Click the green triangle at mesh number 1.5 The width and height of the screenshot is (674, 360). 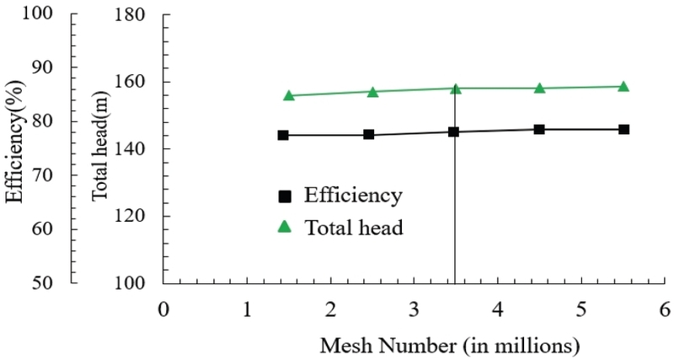click(x=289, y=95)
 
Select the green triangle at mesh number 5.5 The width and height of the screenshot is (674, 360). click(x=623, y=87)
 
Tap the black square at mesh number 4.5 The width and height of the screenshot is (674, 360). click(x=539, y=129)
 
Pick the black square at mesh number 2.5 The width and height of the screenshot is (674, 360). click(x=368, y=134)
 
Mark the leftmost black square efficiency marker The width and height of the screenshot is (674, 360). click(x=283, y=135)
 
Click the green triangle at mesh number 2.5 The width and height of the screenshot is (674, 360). click(x=372, y=92)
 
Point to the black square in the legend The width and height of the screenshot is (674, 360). click(x=285, y=196)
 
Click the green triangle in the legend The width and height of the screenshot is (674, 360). click(x=285, y=226)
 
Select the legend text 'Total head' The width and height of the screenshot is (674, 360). click(x=354, y=227)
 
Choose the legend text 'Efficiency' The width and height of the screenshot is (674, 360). click(x=353, y=196)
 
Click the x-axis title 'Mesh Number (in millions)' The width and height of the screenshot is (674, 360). click(x=450, y=346)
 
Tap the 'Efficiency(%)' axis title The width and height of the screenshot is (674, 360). click(x=14, y=141)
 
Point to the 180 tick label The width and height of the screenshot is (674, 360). click(x=130, y=14)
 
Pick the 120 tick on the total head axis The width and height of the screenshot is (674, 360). click(x=130, y=216)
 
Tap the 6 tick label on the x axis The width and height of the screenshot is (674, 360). click(x=665, y=309)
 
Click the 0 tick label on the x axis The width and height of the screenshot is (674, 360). click(x=163, y=309)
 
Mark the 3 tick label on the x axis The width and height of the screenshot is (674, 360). click(x=414, y=309)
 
